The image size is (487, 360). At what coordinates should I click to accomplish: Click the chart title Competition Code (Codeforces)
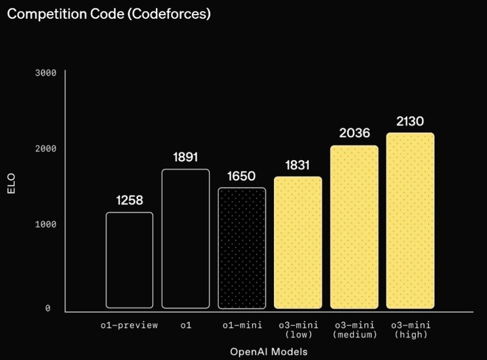(109, 15)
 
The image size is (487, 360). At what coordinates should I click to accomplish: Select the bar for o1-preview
(129, 260)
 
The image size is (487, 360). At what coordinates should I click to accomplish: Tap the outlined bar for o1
(185, 238)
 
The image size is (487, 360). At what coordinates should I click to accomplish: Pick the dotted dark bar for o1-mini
(242, 248)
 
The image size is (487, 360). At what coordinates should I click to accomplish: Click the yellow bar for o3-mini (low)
(298, 242)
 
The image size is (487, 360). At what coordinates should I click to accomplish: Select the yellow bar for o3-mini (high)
(410, 221)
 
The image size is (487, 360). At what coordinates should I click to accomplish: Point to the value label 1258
(129, 200)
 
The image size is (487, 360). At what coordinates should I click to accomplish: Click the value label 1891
(185, 157)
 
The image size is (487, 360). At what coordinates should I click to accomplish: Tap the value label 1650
(242, 176)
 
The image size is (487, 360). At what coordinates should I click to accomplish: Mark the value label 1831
(298, 165)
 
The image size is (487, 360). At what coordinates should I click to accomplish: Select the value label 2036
(354, 133)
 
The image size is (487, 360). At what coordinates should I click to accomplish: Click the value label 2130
(410, 121)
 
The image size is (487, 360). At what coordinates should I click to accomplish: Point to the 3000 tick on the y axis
(46, 73)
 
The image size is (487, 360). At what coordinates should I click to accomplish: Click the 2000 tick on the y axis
(46, 149)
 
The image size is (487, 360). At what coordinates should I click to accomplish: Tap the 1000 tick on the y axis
(46, 224)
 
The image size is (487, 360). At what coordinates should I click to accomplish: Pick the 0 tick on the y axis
(47, 309)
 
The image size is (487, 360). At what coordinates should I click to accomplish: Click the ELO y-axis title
(10, 185)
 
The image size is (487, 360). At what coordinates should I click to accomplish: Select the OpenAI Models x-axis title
(269, 352)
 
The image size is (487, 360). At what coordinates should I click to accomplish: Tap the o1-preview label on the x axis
(129, 325)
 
